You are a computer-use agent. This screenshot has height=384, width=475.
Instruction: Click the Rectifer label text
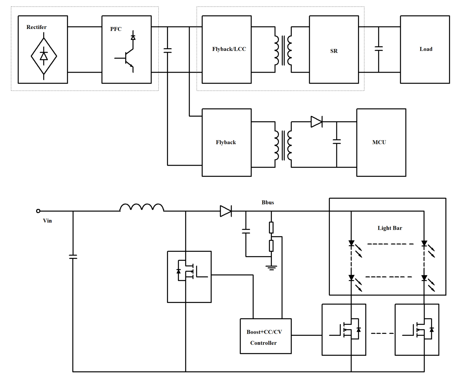(36, 27)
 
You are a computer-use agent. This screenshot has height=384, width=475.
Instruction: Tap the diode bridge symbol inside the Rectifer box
(44, 56)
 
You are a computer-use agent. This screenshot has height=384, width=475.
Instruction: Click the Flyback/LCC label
(229, 49)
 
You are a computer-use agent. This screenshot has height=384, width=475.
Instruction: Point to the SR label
(334, 51)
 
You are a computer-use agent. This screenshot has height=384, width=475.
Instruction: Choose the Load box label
(426, 49)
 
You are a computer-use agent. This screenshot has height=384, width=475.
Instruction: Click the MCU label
(379, 142)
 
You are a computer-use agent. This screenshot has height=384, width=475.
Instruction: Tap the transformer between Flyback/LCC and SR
(283, 50)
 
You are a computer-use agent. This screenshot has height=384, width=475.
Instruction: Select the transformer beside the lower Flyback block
(283, 145)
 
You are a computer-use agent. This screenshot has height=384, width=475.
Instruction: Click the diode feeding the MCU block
(316, 122)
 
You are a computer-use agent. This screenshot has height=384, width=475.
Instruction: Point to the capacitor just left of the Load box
(379, 49)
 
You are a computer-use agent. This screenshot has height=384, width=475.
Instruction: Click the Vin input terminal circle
(38, 211)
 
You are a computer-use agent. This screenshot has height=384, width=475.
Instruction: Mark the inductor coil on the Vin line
(142, 207)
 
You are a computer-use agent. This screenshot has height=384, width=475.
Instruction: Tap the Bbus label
(268, 203)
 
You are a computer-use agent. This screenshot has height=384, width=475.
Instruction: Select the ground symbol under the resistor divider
(271, 268)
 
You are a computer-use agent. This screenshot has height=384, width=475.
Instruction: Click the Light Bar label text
(390, 228)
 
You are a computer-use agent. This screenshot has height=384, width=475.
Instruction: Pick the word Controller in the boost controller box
(263, 343)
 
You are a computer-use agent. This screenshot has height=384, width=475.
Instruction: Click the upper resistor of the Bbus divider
(271, 227)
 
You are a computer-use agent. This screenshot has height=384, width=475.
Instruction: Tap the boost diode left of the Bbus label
(226, 211)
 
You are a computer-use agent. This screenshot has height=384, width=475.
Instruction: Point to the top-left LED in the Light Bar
(352, 244)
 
